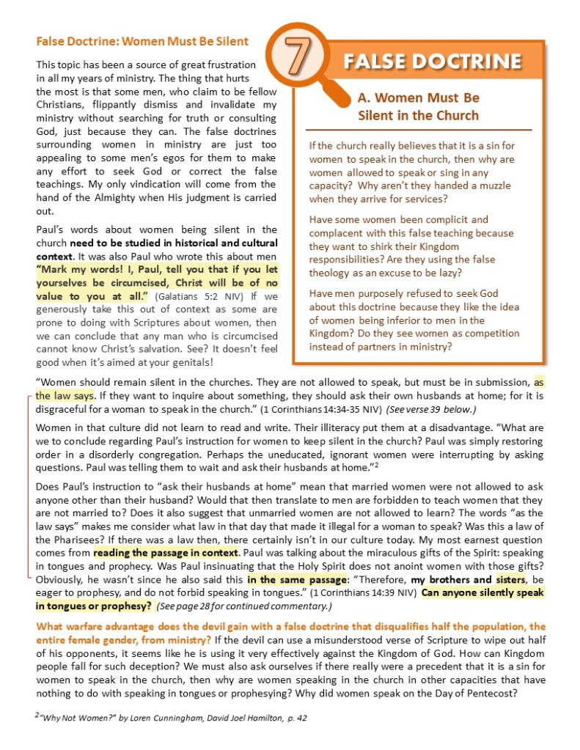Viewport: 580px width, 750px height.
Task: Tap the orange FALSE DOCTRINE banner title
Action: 433,61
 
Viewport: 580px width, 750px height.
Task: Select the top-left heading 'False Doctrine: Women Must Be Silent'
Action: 142,41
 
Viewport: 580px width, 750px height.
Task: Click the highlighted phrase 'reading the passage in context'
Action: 166,551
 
